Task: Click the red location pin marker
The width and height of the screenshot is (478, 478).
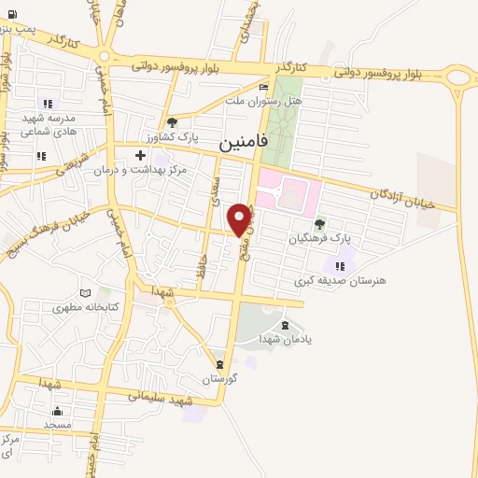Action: (x=240, y=219)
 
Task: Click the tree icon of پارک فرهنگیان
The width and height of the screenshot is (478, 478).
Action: (x=320, y=223)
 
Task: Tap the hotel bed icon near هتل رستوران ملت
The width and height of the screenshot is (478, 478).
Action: (x=264, y=87)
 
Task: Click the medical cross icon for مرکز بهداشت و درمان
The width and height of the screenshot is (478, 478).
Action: (x=140, y=155)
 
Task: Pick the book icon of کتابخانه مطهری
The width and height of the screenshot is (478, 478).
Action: (x=86, y=292)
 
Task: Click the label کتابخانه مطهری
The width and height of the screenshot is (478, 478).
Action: (x=86, y=307)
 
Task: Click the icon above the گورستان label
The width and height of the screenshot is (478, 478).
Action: (x=219, y=364)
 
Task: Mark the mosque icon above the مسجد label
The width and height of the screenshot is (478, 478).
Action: (x=57, y=411)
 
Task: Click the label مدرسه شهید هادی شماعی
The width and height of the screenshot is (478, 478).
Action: (x=44, y=126)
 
